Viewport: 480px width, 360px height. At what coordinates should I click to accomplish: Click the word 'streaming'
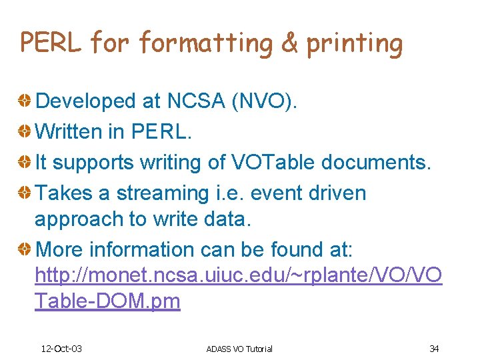[162, 194]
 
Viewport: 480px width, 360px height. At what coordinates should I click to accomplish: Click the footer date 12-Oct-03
[61, 349]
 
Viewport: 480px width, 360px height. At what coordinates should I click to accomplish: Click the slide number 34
[434, 349]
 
